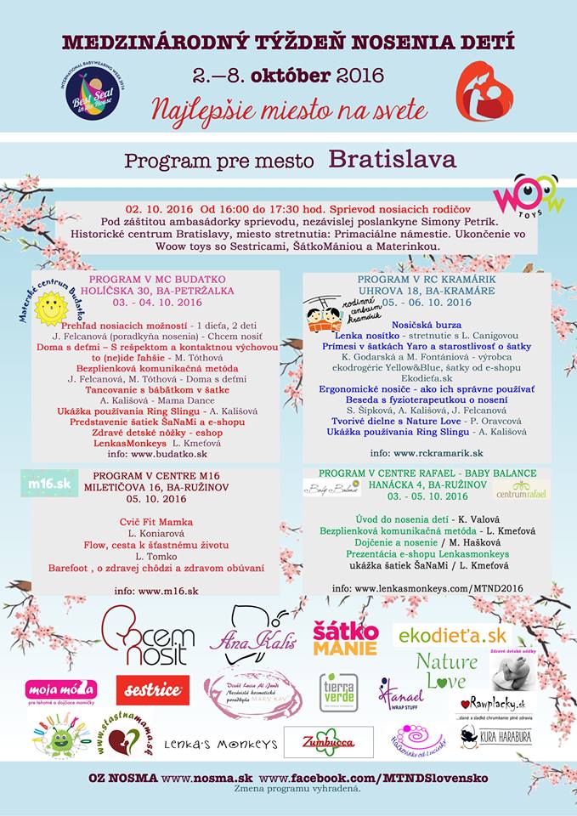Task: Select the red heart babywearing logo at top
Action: pyautogui.click(x=484, y=90)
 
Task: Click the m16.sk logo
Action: pyautogui.click(x=49, y=483)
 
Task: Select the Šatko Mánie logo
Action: pyautogui.click(x=345, y=638)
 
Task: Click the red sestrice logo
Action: pyautogui.click(x=152, y=690)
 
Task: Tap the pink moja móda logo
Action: pyautogui.click(x=60, y=690)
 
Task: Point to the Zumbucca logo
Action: pyautogui.click(x=329, y=741)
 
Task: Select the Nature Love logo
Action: pyautogui.click(x=446, y=671)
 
